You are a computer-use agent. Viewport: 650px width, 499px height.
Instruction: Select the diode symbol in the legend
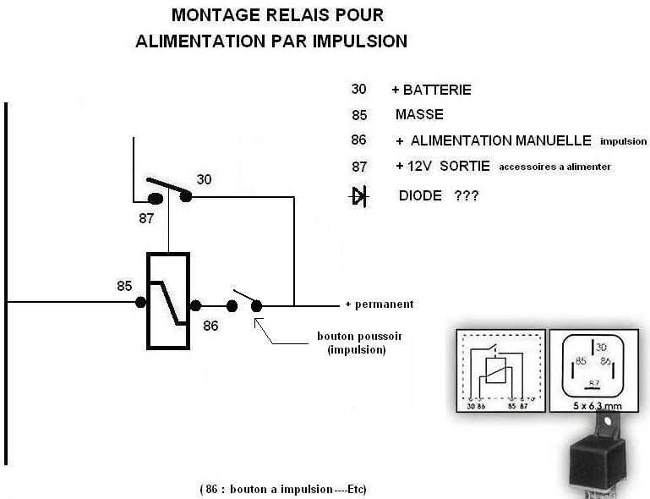(x=359, y=197)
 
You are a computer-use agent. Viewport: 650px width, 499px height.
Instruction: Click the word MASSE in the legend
(x=418, y=115)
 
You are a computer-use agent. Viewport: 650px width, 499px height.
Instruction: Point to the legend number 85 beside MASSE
(x=358, y=115)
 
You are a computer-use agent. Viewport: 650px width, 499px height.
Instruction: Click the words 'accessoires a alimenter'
(x=554, y=167)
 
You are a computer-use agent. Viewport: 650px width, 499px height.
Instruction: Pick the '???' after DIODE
(x=467, y=195)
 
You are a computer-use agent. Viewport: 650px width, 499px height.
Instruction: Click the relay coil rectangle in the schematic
(x=168, y=299)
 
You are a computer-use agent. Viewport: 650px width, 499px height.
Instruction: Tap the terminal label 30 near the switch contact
(x=205, y=179)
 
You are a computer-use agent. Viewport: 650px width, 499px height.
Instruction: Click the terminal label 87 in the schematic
(x=146, y=217)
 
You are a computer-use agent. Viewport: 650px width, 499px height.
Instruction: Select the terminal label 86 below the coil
(x=210, y=324)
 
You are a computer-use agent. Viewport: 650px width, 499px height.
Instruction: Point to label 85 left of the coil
(x=125, y=286)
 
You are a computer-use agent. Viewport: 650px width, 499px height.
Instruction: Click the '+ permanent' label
(x=379, y=304)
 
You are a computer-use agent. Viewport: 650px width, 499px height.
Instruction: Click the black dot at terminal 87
(x=156, y=200)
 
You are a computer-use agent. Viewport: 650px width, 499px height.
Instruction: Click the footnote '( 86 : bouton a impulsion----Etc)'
(x=284, y=489)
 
